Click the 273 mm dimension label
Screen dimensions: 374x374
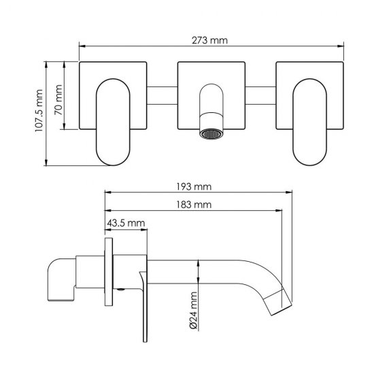click(x=209, y=40)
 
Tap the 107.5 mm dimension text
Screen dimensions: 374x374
click(x=39, y=110)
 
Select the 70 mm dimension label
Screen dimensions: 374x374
click(x=58, y=100)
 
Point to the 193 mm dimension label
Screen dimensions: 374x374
click(x=194, y=186)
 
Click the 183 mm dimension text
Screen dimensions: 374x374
click(x=194, y=205)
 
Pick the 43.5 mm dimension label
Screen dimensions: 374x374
click(x=126, y=223)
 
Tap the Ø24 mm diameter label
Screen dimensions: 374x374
click(x=194, y=310)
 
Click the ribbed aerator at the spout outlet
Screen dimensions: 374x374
click(x=211, y=134)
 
